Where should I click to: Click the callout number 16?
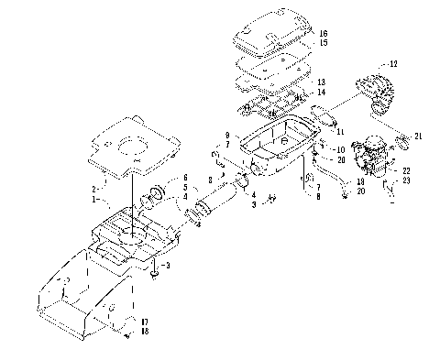pyautogui.click(x=324, y=33)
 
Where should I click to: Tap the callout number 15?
pyautogui.click(x=324, y=43)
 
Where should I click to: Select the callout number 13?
pyautogui.click(x=321, y=82)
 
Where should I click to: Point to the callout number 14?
pyautogui.click(x=321, y=93)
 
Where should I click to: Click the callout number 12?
pyautogui.click(x=394, y=64)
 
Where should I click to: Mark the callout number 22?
pyautogui.click(x=406, y=171)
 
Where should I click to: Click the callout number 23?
pyautogui.click(x=406, y=180)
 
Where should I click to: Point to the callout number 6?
pyautogui.click(x=183, y=177)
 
